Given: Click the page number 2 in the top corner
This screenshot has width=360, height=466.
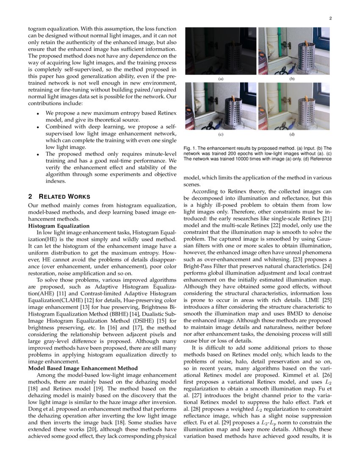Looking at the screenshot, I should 330,18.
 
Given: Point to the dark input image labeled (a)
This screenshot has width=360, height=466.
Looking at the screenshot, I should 220,51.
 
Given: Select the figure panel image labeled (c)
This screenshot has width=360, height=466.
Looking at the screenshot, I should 220,106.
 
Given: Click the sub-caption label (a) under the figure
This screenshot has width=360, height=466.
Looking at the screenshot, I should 220,79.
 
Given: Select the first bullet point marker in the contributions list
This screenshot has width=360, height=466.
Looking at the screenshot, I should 38,114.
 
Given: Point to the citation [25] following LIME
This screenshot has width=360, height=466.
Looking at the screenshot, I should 326,300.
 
